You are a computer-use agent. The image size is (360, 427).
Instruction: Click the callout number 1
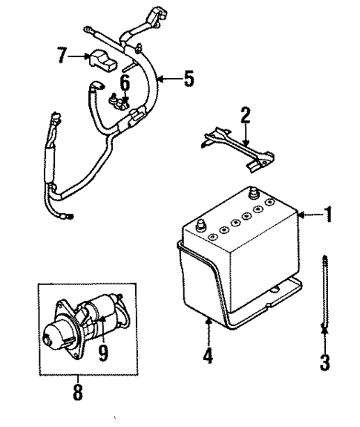point(328,216)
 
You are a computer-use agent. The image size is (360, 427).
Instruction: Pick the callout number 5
point(190,78)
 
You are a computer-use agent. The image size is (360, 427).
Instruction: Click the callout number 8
point(78,392)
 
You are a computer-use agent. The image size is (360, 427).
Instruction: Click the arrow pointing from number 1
point(309,216)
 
